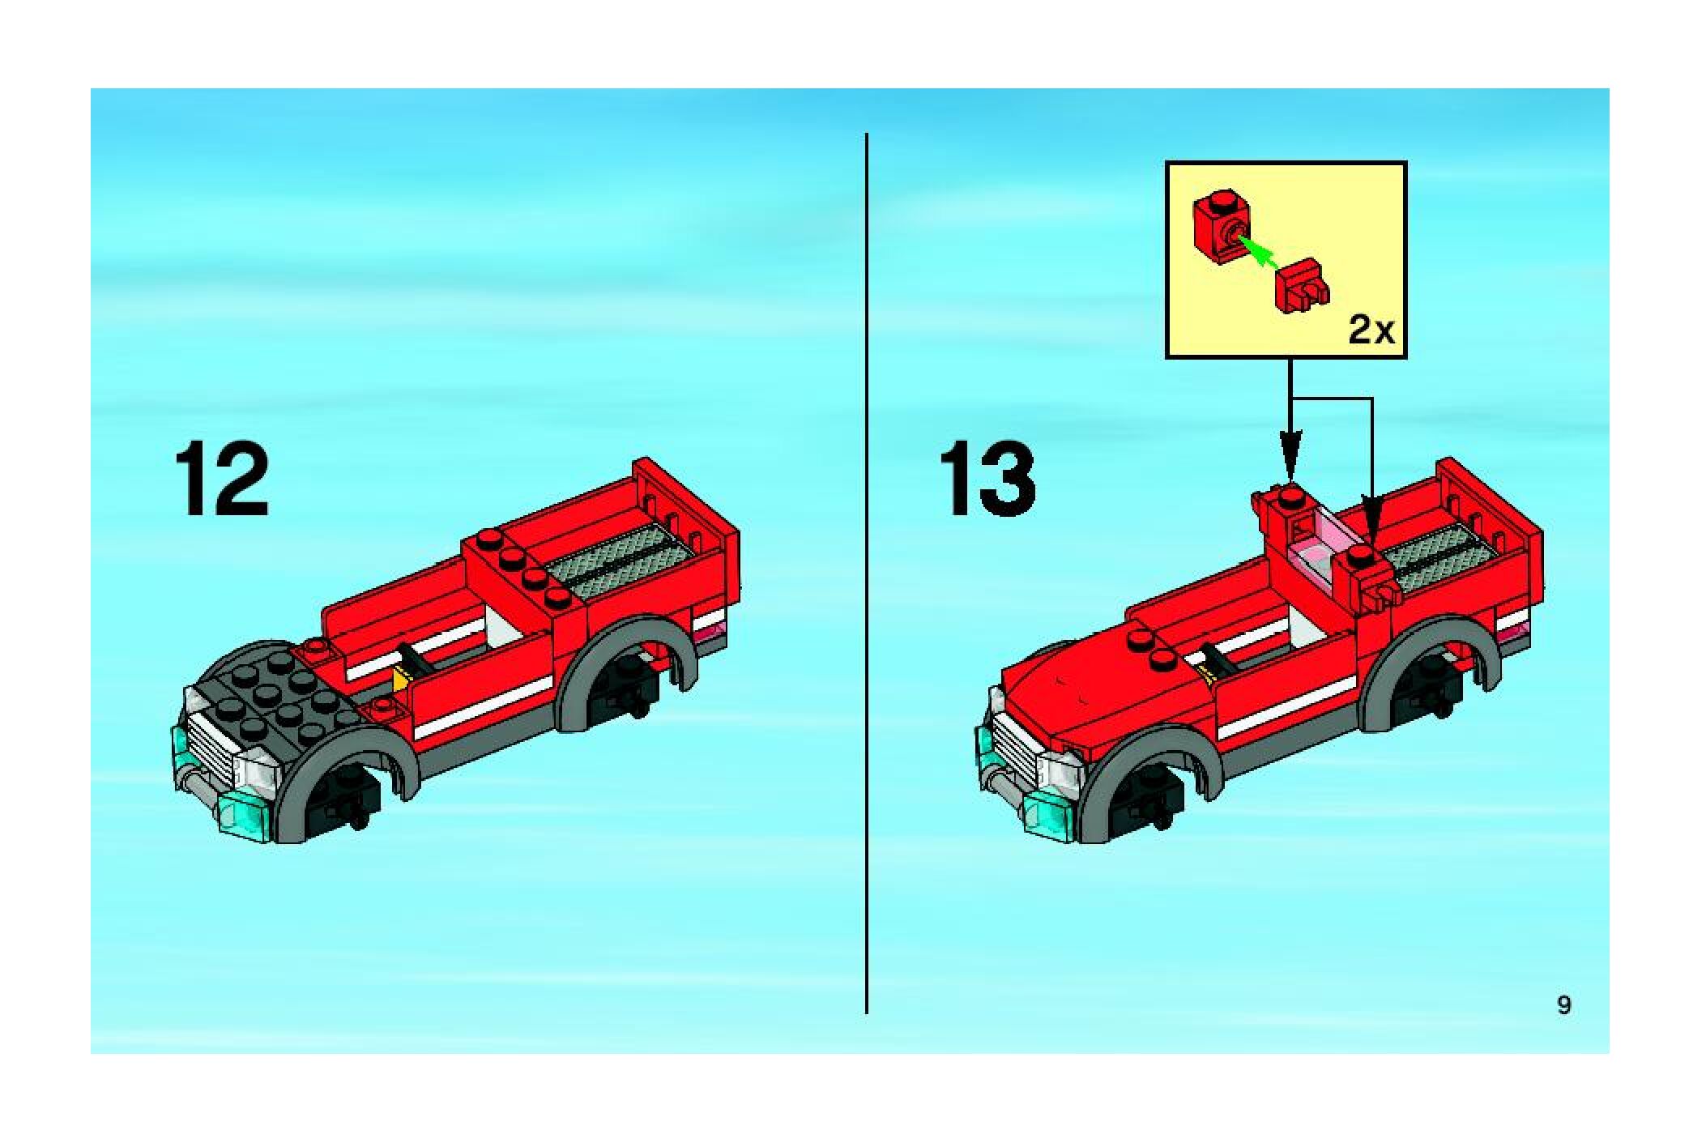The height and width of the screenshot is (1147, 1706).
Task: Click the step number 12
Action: (221, 479)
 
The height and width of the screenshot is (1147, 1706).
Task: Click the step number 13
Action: (987, 479)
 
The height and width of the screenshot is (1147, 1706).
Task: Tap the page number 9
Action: (1564, 1005)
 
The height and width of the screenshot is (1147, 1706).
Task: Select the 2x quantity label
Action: (1371, 330)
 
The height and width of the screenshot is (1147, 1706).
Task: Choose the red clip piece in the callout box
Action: (1302, 287)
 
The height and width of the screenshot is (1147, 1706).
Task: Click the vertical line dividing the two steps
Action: (867, 573)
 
